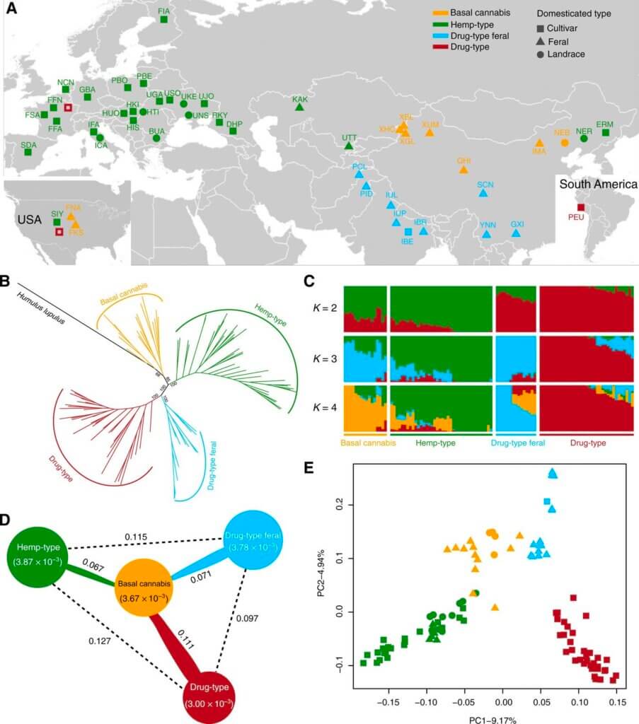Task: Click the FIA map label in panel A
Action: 164,11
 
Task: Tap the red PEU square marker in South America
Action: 581,206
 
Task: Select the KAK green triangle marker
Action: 299,107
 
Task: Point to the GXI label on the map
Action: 517,224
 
